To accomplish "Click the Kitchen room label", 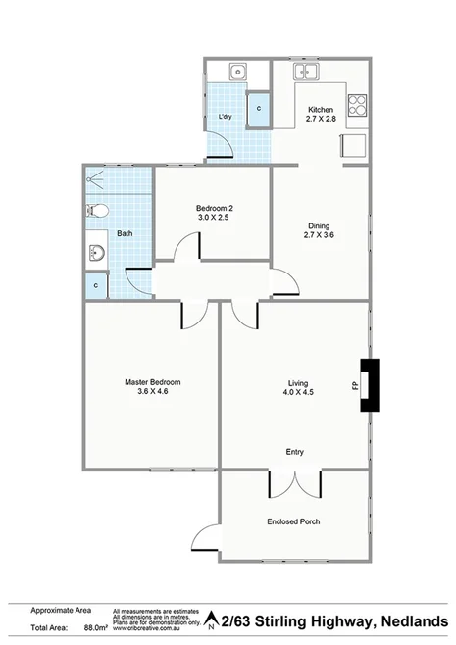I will point(321,109).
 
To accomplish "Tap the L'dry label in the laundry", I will point(224,118).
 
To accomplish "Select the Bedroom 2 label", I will point(214,208).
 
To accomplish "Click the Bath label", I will point(126,233).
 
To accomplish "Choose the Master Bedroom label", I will point(152,381).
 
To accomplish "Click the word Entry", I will point(294,452).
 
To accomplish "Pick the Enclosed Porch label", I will point(293,521).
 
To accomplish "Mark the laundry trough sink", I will point(237,72).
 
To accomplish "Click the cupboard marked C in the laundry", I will point(258,109).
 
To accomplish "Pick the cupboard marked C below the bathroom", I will point(96,285).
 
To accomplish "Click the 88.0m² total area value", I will point(94,625).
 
